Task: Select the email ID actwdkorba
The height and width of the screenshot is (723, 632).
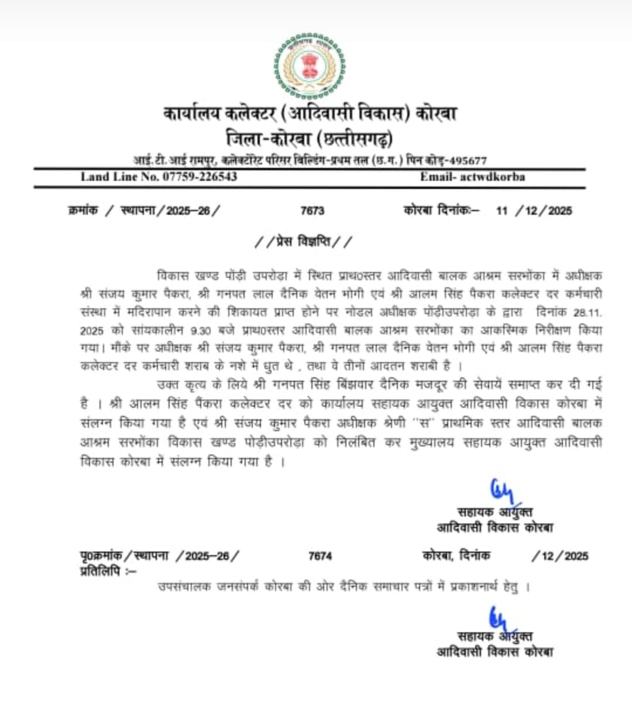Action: [493, 177]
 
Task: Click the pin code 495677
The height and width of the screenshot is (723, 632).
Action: [466, 160]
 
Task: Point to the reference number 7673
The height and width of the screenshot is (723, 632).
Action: [312, 211]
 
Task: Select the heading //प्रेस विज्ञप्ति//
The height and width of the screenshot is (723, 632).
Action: [304, 241]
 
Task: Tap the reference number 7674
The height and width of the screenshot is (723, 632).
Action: [320, 556]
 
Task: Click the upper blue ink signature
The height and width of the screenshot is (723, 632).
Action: [502, 490]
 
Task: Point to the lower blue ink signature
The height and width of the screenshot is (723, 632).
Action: [499, 617]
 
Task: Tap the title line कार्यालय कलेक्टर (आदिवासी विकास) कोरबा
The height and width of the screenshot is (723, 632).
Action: [310, 113]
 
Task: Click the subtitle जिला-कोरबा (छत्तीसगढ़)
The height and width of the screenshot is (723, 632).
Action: [310, 139]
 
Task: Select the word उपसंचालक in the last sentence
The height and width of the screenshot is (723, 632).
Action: [184, 586]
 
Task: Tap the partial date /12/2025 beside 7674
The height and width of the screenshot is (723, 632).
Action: [559, 556]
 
